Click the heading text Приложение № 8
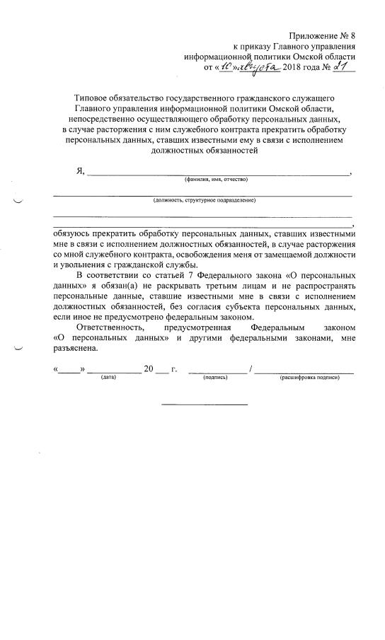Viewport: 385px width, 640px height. tap(322, 36)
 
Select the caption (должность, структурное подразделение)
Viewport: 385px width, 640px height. tap(204, 200)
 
